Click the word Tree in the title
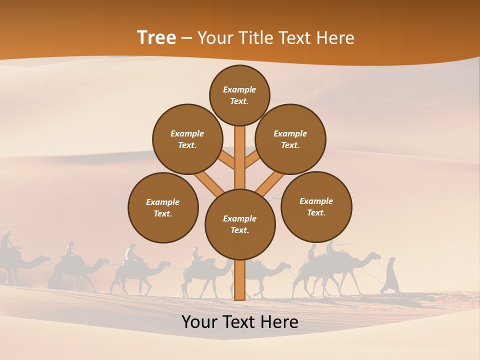pos(156,37)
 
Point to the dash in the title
pos(186,38)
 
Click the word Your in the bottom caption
pos(200,322)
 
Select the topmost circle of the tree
pos(239,95)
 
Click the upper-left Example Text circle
pos(187,139)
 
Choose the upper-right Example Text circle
pos(290,139)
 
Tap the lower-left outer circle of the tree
pos(163,207)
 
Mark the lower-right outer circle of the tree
pos(316,206)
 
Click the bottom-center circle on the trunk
pos(240,224)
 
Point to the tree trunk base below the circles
pos(240,280)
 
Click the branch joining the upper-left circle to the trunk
pos(225,160)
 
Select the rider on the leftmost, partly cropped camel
pos(6,241)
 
